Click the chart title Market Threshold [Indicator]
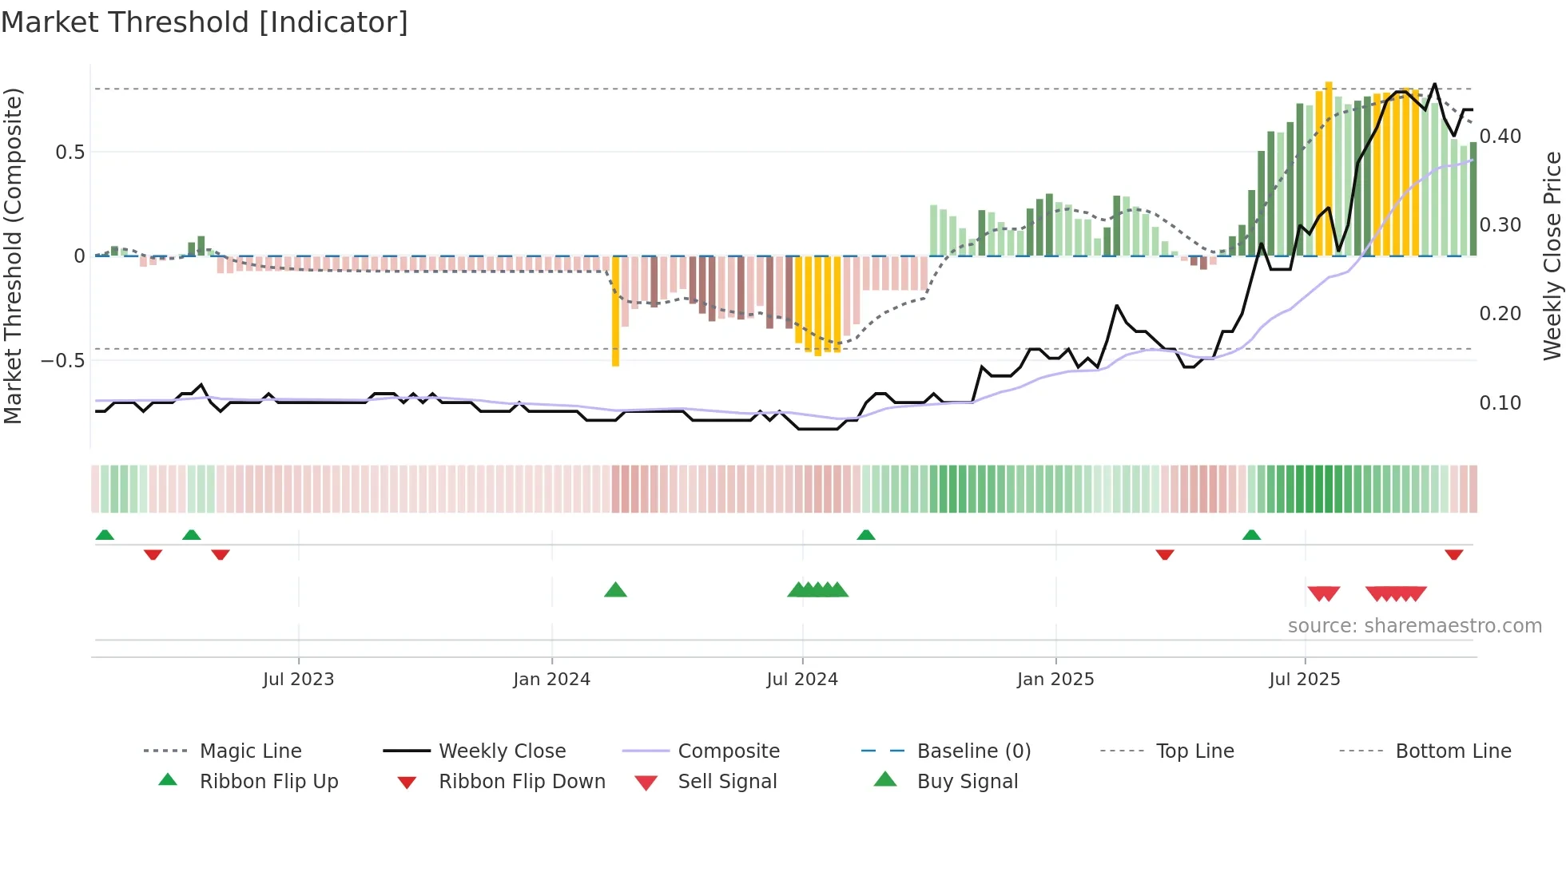[205, 22]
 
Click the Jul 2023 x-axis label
[298, 680]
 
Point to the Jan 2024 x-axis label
[551, 680]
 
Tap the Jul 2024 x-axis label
[802, 680]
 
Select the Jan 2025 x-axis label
[1055, 680]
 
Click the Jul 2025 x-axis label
[1305, 680]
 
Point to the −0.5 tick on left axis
[62, 361]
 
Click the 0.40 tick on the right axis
[1500, 137]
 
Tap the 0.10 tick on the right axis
[1500, 403]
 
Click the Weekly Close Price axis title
[1552, 256]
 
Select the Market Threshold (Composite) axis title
[13, 256]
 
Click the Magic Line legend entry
[250, 751]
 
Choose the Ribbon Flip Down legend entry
[522, 782]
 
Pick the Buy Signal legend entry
[967, 782]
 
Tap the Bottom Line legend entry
[1453, 751]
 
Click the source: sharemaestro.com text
[1414, 626]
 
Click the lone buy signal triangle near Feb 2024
[615, 591]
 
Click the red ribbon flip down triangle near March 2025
[1164, 554]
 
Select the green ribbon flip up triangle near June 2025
[1251, 535]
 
